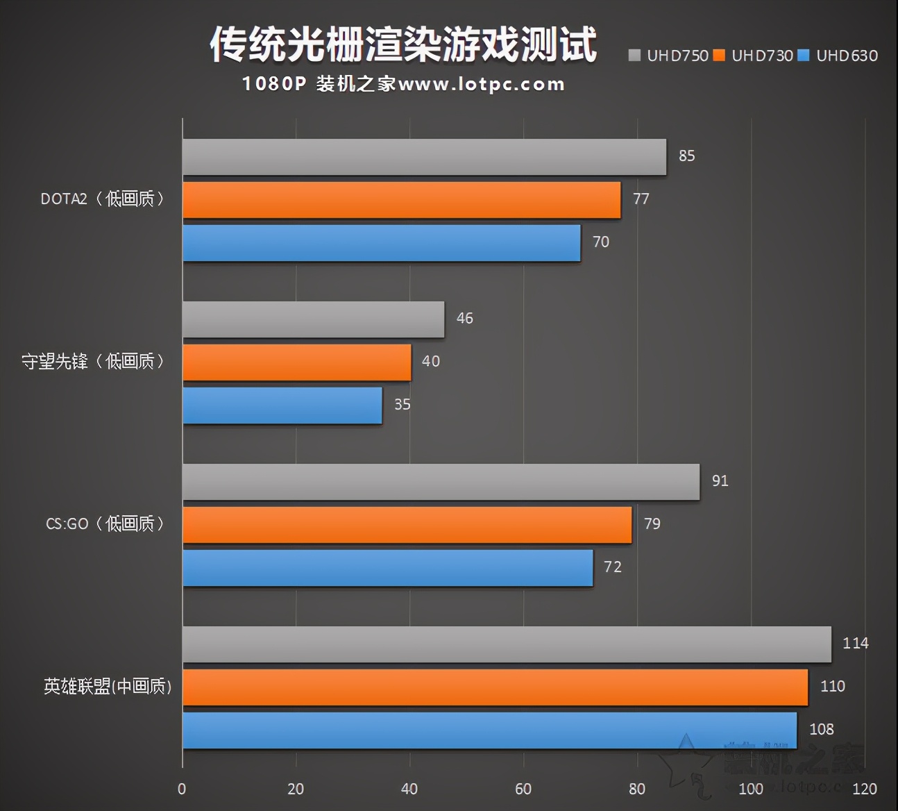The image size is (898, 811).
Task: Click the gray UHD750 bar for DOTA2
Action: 424,157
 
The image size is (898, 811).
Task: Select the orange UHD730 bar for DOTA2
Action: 401,200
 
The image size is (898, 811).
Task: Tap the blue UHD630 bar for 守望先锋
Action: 282,405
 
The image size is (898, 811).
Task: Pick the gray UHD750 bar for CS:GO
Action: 441,482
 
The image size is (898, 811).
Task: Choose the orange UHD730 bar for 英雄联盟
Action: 495,687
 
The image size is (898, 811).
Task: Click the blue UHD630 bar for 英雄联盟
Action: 489,730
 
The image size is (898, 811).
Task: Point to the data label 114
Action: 855,643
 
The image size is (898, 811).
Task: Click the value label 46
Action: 464,318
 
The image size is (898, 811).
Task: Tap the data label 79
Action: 652,524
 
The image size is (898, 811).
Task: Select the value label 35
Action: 402,404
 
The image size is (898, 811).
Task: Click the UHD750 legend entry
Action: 669,56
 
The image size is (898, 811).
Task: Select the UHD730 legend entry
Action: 754,56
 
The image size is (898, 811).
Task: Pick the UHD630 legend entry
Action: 838,56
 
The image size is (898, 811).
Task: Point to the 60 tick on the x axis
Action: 523,789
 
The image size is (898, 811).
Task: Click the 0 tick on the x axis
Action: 182,789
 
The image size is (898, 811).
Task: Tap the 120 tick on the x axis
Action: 865,789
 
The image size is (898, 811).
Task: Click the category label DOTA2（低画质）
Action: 103,199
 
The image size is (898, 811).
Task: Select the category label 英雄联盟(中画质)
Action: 108,687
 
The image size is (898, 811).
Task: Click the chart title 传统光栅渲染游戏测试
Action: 403,44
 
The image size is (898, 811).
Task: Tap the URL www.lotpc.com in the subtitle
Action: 482,85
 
